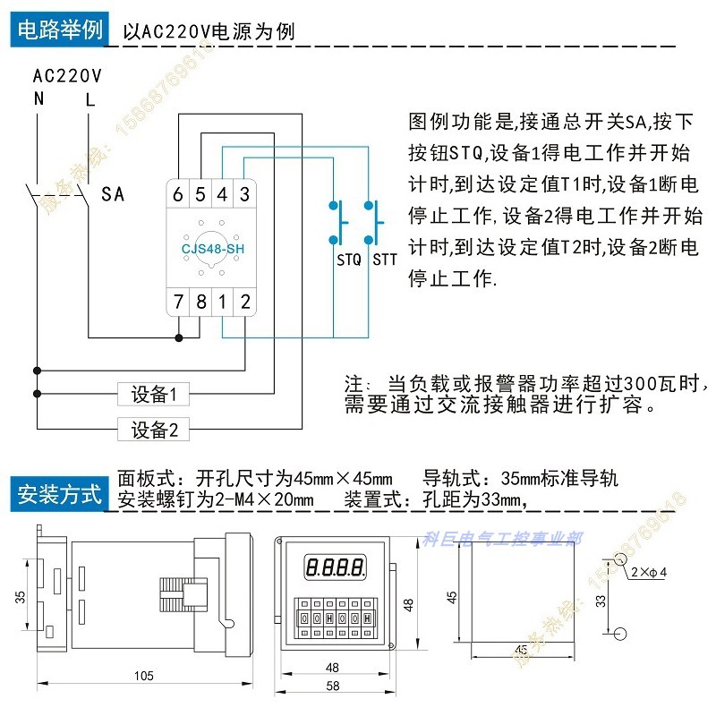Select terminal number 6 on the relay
pos(178,193)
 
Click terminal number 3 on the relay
pos(243,193)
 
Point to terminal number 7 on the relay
pos(178,302)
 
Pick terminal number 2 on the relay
pos(244,302)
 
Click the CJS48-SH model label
pos(211,248)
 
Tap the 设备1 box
pos(154,394)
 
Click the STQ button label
pos(348,260)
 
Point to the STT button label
pos(385,260)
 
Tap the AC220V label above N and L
pos(68,75)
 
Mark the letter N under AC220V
pos(38,98)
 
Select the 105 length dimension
pos(143,676)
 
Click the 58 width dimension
pos(332,686)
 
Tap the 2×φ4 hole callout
pos(650,571)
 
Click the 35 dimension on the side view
pos(21,597)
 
